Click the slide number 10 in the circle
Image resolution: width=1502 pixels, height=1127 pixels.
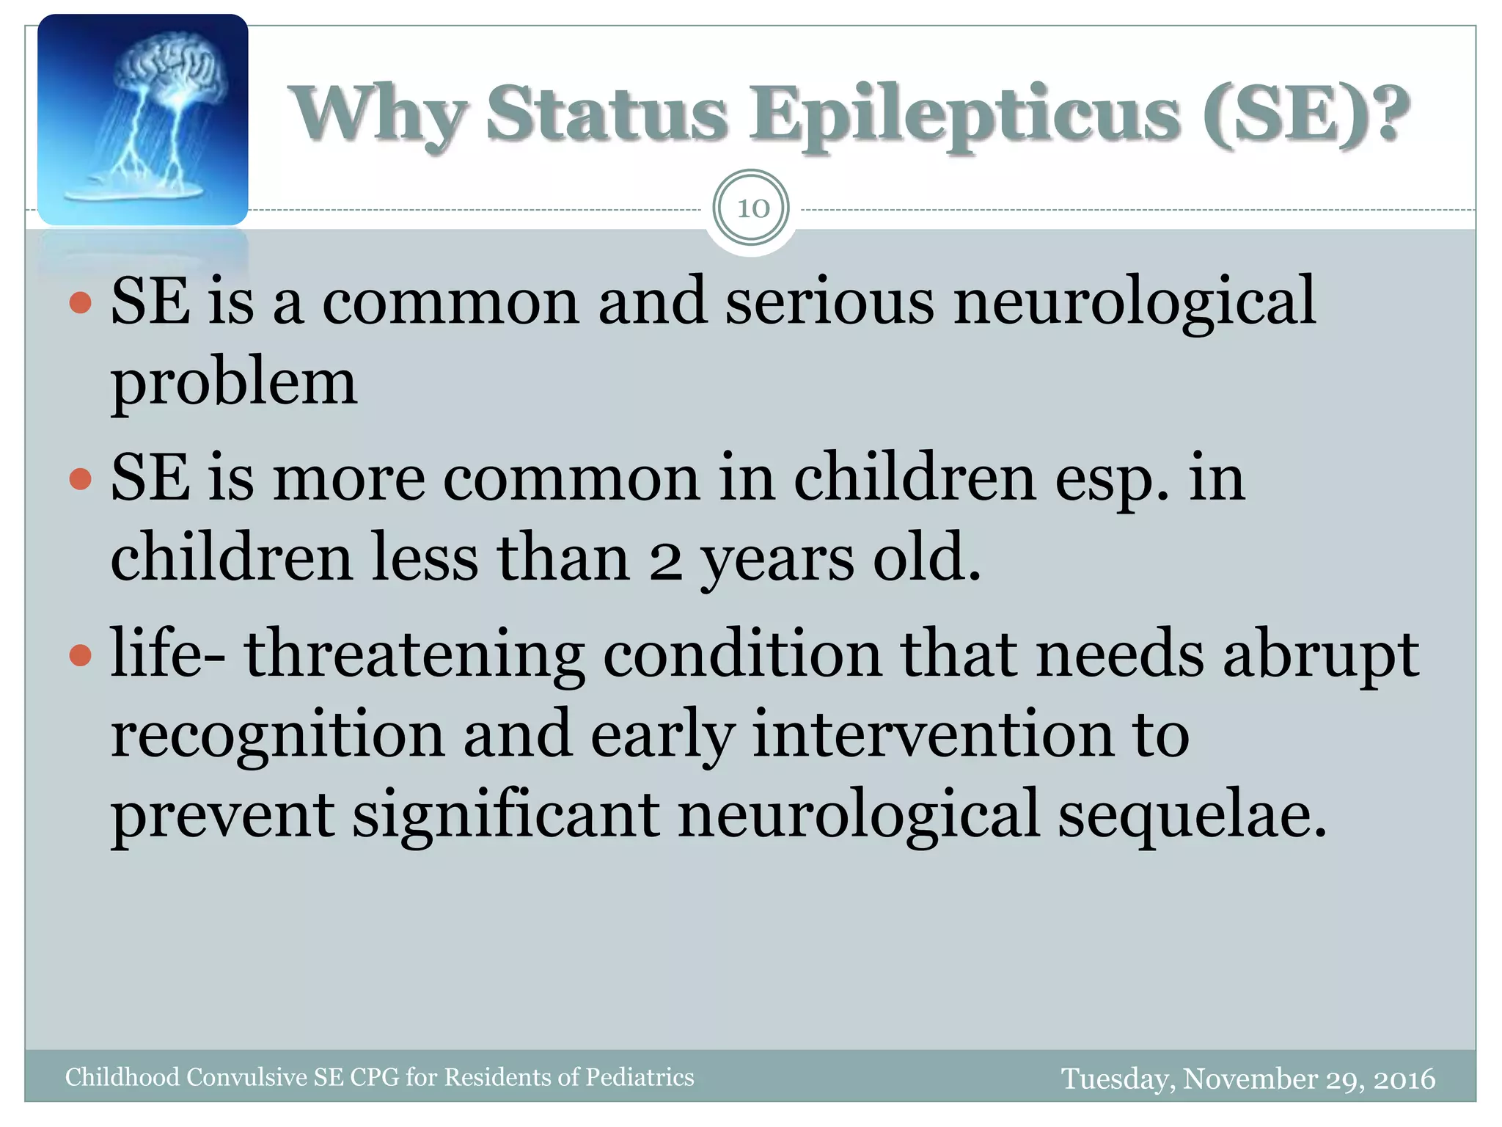(x=752, y=209)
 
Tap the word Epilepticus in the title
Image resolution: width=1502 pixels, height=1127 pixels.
(x=964, y=116)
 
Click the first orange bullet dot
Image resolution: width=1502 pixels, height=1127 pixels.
(x=81, y=302)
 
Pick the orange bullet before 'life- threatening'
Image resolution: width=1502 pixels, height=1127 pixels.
(x=81, y=654)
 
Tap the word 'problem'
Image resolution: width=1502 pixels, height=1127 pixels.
(x=233, y=383)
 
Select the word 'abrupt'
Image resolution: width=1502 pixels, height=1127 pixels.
(x=1320, y=654)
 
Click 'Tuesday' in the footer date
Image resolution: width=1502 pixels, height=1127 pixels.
(x=1118, y=1079)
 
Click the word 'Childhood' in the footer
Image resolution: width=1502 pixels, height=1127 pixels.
(x=122, y=1077)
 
